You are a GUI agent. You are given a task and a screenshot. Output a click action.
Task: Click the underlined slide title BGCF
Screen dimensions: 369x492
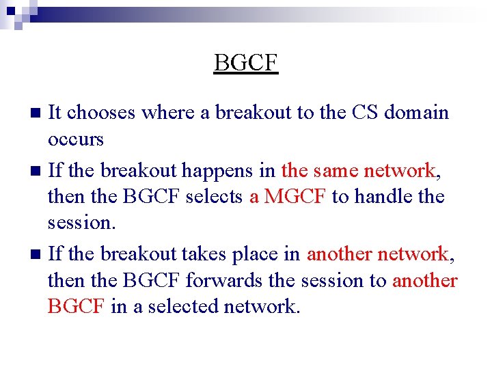[x=246, y=63]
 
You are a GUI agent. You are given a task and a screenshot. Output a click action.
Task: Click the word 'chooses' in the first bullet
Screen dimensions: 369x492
[x=102, y=112]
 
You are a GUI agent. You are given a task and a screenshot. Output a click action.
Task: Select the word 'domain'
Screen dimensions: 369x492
[x=416, y=112]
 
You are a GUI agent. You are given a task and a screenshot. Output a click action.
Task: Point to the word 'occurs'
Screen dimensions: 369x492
[x=75, y=140]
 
